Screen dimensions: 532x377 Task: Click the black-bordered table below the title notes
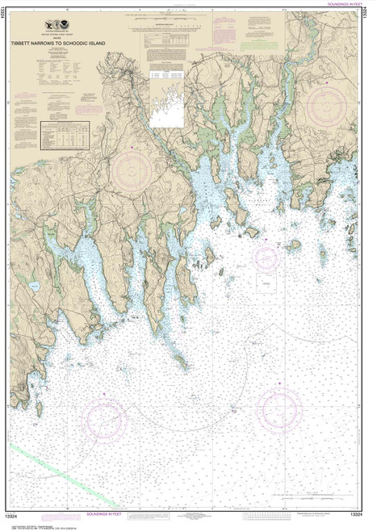tap(65, 135)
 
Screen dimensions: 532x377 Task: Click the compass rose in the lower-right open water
tap(279, 411)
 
